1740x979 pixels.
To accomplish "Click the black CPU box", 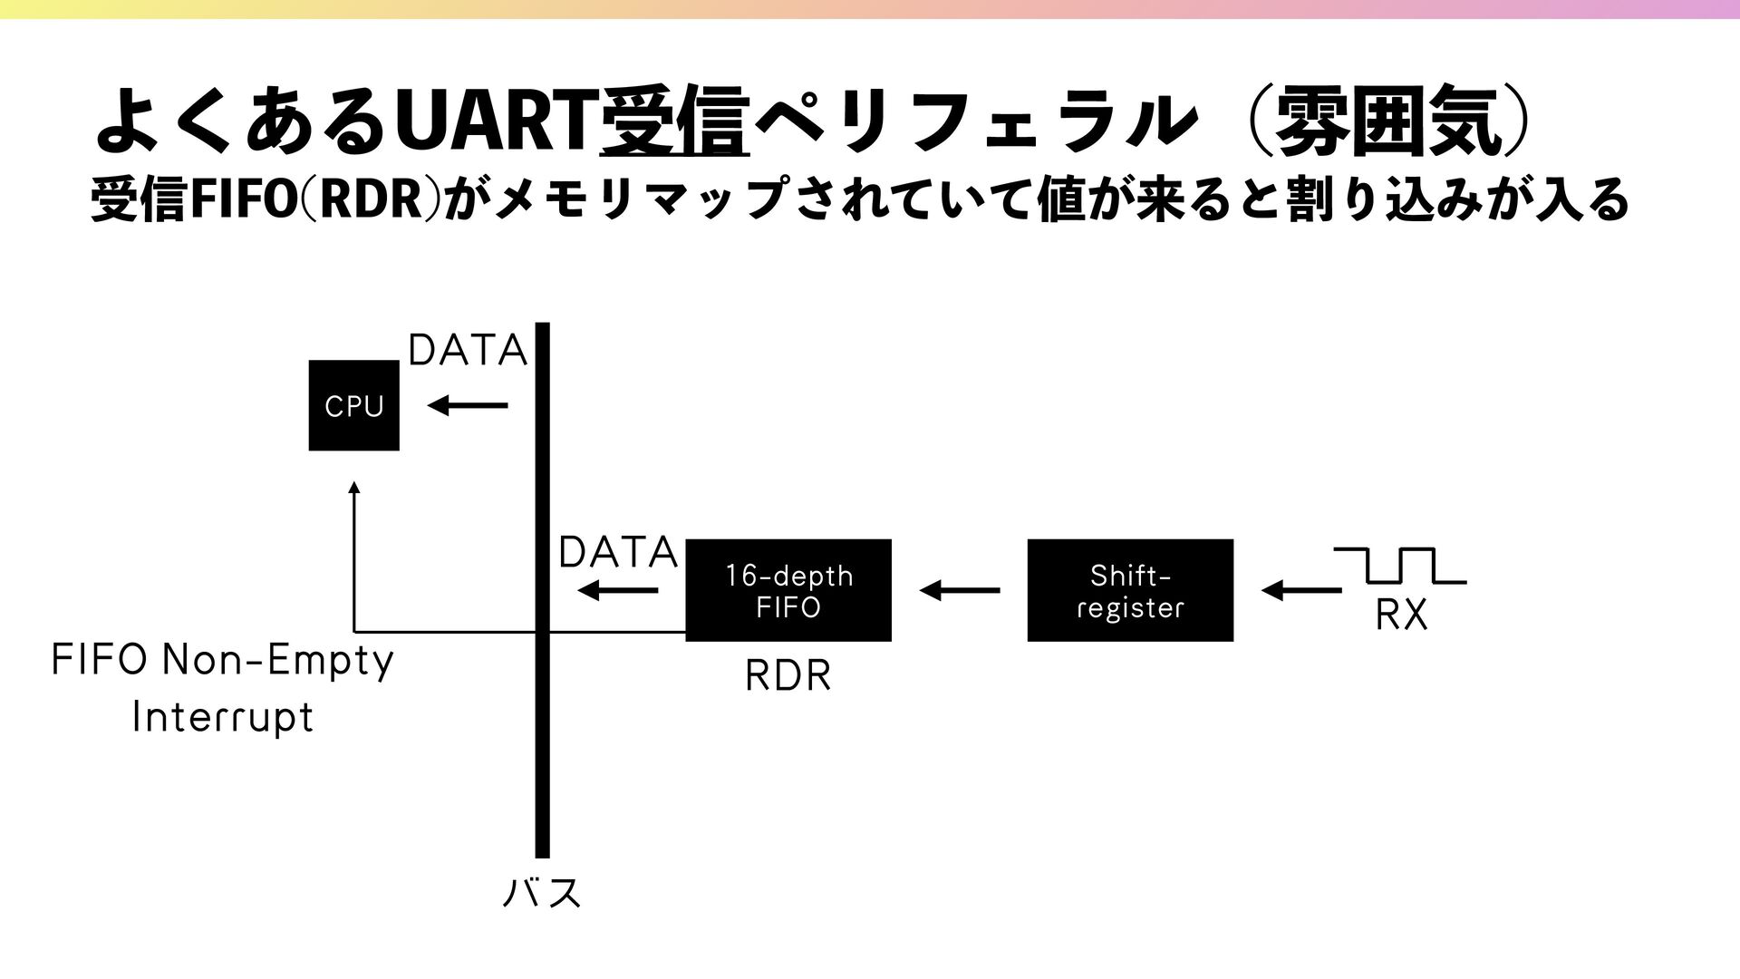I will pos(353,405).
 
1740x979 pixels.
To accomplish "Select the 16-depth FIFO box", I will pos(788,590).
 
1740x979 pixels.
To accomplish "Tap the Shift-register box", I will pos(1129,590).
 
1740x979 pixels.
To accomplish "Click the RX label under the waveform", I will pos(1401,616).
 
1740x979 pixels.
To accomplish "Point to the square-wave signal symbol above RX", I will pos(1400,565).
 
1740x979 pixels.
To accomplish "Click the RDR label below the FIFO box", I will pos(788,676).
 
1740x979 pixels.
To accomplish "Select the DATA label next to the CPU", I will pos(468,351).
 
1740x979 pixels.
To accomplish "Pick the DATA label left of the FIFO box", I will pos(618,552).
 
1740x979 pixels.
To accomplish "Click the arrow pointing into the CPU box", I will pos(467,406).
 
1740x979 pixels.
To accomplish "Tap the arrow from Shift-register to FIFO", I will pos(959,591).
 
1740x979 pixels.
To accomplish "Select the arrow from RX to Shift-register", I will pos(1301,591).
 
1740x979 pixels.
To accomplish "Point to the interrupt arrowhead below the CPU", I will pos(354,488).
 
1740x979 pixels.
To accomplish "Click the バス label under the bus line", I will pos(542,893).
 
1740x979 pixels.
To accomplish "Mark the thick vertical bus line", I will pos(542,725).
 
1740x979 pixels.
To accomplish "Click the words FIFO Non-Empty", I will pos(222,661).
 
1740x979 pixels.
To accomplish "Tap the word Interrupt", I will pos(222,717).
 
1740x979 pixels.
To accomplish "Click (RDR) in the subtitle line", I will pos(372,200).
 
